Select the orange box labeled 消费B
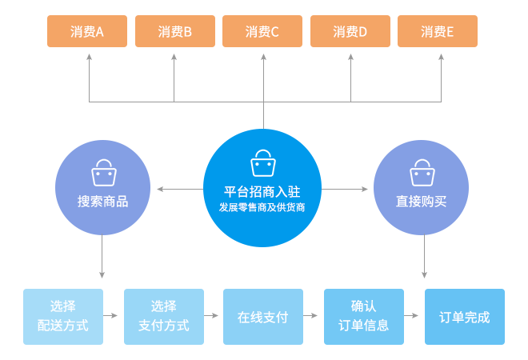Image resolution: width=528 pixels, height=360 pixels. (175, 32)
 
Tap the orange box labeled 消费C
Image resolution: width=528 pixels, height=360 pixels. (263, 32)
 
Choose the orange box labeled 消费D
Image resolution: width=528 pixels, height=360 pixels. (350, 32)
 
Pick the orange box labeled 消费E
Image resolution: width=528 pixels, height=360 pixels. (438, 32)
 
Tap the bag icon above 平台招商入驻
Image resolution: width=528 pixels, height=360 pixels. (262, 162)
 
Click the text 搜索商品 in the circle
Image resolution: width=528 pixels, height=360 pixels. (103, 201)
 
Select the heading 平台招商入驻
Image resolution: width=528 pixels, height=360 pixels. (262, 191)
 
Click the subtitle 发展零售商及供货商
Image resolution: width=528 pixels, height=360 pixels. (262, 207)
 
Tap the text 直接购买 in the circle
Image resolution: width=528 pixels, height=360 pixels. (421, 201)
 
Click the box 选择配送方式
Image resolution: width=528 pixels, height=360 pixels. (63, 317)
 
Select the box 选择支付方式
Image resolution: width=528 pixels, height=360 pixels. (164, 317)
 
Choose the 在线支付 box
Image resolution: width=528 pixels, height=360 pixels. (263, 317)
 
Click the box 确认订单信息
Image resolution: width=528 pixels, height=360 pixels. (363, 317)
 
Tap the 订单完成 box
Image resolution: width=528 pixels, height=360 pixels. (464, 317)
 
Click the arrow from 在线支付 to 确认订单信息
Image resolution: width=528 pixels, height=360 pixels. (314, 317)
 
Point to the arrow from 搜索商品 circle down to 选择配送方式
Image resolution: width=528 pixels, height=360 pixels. (103, 260)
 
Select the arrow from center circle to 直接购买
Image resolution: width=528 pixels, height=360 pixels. (347, 190)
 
